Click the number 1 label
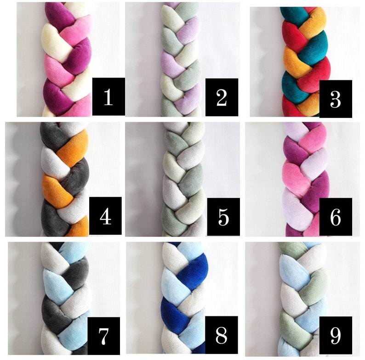click(x=108, y=96)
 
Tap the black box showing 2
click(x=222, y=96)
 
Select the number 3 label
click(x=335, y=98)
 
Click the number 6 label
click(x=335, y=217)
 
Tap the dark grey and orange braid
click(x=64, y=179)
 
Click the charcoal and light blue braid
click(x=64, y=298)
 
